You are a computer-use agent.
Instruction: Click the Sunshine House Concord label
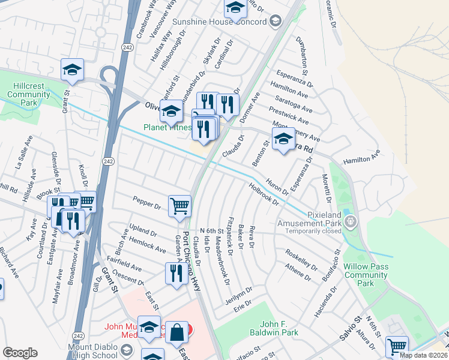[218, 22]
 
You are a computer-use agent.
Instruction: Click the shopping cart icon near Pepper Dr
[179, 206]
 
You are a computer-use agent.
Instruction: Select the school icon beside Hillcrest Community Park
[72, 70]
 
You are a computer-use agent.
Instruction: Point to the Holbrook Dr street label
[264, 194]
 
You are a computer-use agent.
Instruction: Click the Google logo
[20, 352]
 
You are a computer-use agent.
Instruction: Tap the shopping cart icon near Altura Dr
[397, 346]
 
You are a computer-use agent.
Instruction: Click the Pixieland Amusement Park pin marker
[352, 223]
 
